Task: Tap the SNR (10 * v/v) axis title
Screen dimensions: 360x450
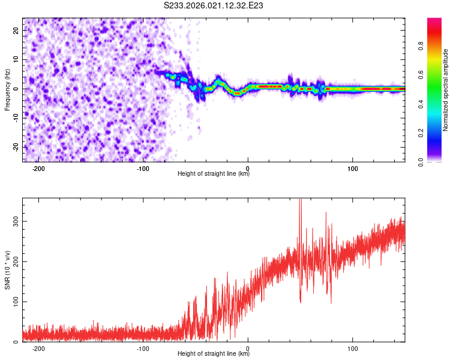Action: pos(7,270)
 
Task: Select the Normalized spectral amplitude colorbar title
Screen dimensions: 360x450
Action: pos(445,90)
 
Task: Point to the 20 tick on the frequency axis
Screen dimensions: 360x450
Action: pos(16,29)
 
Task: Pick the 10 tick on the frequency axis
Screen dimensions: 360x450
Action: pos(16,59)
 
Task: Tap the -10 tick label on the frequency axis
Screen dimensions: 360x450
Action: pos(14,118)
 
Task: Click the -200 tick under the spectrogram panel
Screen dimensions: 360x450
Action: pos(38,168)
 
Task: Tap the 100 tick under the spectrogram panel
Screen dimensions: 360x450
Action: pos(353,168)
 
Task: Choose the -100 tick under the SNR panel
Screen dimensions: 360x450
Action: pos(143,348)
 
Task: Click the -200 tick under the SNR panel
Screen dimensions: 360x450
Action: pos(38,348)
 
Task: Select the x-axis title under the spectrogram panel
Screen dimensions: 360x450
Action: pos(214,174)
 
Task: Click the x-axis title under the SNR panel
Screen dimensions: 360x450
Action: pos(214,354)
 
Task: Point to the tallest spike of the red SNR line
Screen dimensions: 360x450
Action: pos(300,202)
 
